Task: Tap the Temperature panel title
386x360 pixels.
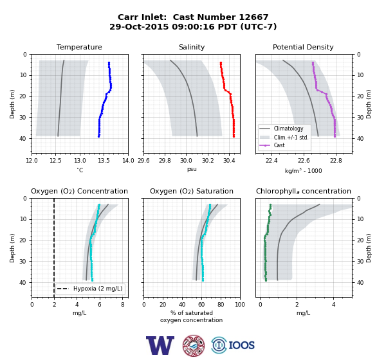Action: (79, 47)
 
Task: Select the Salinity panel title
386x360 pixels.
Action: (192, 47)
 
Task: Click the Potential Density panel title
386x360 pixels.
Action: (303, 47)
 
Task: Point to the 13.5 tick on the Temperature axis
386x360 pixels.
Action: (104, 161)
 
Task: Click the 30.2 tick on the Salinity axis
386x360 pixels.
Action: (208, 161)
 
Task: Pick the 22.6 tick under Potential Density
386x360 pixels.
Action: (304, 161)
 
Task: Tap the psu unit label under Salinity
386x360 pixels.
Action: (192, 169)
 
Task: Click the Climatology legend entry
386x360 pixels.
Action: (288, 129)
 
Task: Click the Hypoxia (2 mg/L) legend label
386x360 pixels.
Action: (98, 289)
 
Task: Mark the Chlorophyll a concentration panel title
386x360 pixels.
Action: (303, 191)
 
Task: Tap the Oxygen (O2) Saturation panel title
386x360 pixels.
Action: (192, 191)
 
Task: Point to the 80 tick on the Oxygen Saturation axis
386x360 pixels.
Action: (221, 305)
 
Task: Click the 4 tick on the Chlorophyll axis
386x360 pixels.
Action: (333, 305)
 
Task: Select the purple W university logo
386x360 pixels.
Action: (160, 345)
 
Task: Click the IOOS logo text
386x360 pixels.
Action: (241, 345)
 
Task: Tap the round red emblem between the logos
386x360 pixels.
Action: (194, 345)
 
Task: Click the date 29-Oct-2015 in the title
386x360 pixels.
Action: (139, 26)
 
